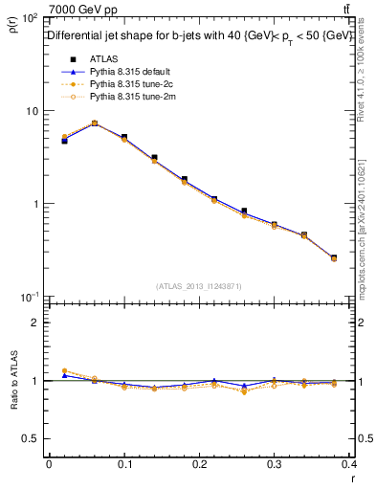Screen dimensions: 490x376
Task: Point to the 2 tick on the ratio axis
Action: coord(36,323)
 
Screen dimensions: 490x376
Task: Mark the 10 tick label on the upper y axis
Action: coord(30,111)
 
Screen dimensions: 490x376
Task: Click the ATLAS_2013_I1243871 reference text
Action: coord(199,286)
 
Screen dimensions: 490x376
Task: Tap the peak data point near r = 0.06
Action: coord(94,122)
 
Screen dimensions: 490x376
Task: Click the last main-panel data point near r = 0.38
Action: coord(333,257)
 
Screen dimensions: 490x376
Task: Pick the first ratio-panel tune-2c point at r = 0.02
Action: coord(64,370)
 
